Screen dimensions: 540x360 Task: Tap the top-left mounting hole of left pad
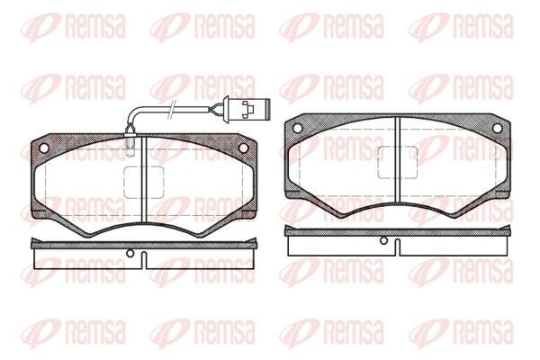(44, 148)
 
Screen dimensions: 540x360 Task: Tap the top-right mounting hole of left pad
(243, 148)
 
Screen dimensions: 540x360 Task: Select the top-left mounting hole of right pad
(297, 128)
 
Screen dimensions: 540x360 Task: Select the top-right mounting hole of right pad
(498, 128)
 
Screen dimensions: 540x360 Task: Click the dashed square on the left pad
(144, 182)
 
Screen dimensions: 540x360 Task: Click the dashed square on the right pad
(398, 162)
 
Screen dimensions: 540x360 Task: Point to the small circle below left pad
(130, 253)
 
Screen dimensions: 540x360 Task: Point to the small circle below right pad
(383, 240)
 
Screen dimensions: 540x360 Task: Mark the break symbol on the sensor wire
(172, 109)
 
